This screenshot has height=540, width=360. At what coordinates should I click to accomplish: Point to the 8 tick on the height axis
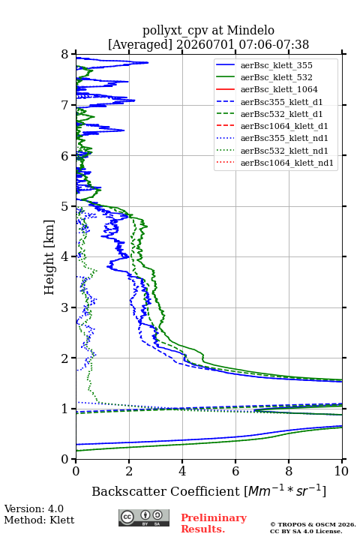tap(73, 54)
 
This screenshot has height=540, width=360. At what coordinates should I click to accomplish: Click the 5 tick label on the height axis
tap(65, 207)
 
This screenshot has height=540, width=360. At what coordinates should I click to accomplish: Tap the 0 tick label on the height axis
tap(65, 459)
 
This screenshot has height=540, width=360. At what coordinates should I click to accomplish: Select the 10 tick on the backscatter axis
tap(342, 461)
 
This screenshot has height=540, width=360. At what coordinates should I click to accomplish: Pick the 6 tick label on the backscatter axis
tap(235, 471)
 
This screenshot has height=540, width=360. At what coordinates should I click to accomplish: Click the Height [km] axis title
tap(49, 257)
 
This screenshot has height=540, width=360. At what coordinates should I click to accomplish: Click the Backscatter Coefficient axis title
tap(208, 491)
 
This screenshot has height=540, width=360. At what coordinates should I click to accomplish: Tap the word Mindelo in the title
tap(250, 30)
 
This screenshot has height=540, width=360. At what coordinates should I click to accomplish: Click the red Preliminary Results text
tap(214, 523)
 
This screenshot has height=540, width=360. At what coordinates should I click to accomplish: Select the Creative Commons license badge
tap(144, 518)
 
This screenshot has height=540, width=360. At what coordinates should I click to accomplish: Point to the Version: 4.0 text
tap(34, 508)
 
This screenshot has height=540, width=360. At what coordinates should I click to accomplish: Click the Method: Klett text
tap(39, 520)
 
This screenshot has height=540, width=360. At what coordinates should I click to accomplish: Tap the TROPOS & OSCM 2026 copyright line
tap(313, 524)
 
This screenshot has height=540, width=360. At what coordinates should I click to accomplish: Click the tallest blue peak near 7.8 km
tap(148, 63)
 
